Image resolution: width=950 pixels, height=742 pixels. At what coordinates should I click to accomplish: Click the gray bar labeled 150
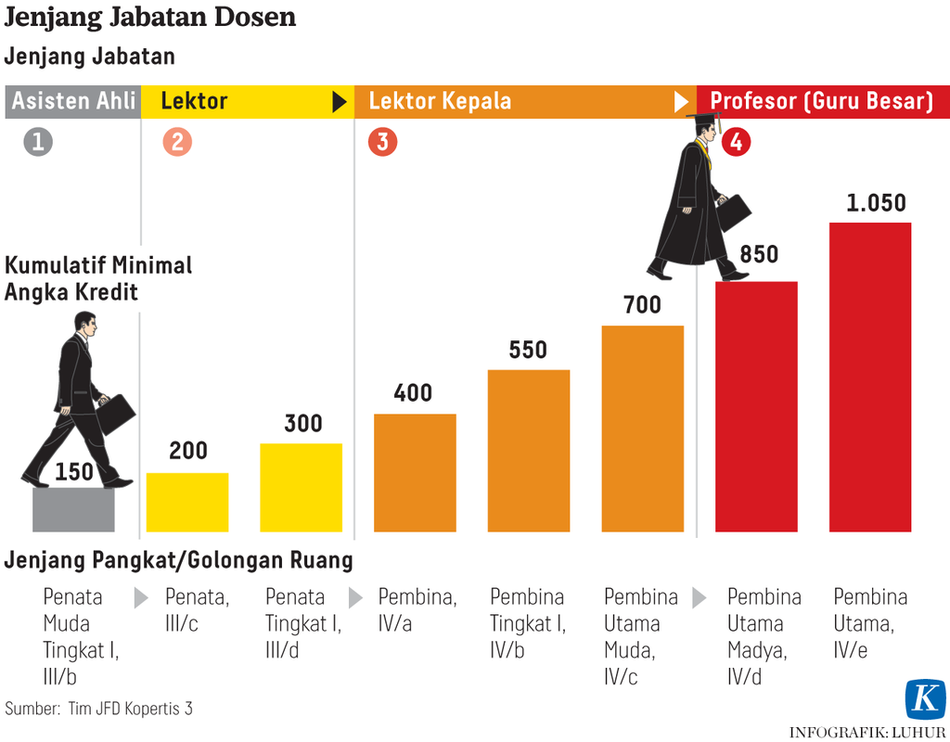pos(73,510)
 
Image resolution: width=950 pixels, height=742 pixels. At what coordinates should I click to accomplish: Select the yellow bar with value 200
pos(187,502)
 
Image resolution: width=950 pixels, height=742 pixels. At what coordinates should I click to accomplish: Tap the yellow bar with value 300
pos(301,487)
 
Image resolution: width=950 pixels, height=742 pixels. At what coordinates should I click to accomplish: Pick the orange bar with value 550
pos(529,451)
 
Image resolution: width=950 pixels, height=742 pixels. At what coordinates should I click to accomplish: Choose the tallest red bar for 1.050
pos(869,377)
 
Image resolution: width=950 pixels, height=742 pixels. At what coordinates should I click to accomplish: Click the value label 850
pos(759,254)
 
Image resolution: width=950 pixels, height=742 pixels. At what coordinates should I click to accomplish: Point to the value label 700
pos(642,304)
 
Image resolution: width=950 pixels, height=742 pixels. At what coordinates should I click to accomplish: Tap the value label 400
pos(413,392)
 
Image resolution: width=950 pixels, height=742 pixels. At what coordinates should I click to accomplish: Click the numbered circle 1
pos(38,142)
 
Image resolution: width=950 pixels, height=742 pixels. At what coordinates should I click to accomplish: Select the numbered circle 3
pos(382,142)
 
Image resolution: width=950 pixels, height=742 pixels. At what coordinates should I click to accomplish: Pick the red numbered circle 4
pos(736,143)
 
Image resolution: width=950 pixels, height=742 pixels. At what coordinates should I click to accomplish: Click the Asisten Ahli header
pos(73,101)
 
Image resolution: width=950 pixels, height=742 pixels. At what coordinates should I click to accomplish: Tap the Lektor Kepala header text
pos(440,101)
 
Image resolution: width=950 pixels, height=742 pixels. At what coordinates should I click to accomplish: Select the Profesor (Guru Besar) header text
pos(821,101)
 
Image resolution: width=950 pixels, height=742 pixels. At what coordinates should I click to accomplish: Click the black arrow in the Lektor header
pos(340,102)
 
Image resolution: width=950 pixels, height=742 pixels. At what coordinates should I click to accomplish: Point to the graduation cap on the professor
pos(704,118)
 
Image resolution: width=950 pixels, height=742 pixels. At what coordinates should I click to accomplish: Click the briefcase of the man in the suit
pos(116,414)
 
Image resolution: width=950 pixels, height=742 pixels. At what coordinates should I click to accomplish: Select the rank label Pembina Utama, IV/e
pos(869,623)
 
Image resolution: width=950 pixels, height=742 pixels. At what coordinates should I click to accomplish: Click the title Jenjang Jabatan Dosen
pos(150,18)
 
